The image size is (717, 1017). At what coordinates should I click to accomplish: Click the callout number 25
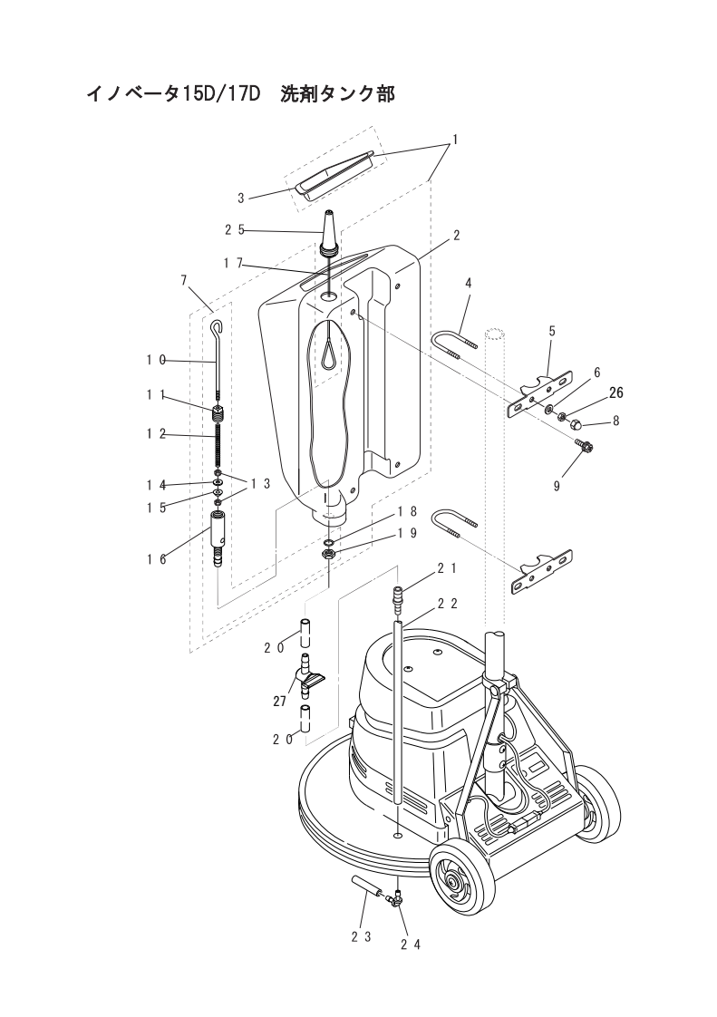234,229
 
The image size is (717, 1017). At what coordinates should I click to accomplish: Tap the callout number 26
615,392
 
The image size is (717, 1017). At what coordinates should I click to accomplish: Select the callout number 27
280,701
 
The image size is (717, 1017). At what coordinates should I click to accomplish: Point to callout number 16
157,558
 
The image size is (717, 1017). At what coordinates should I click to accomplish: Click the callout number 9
556,486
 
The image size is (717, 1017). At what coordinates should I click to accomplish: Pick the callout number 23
361,937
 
